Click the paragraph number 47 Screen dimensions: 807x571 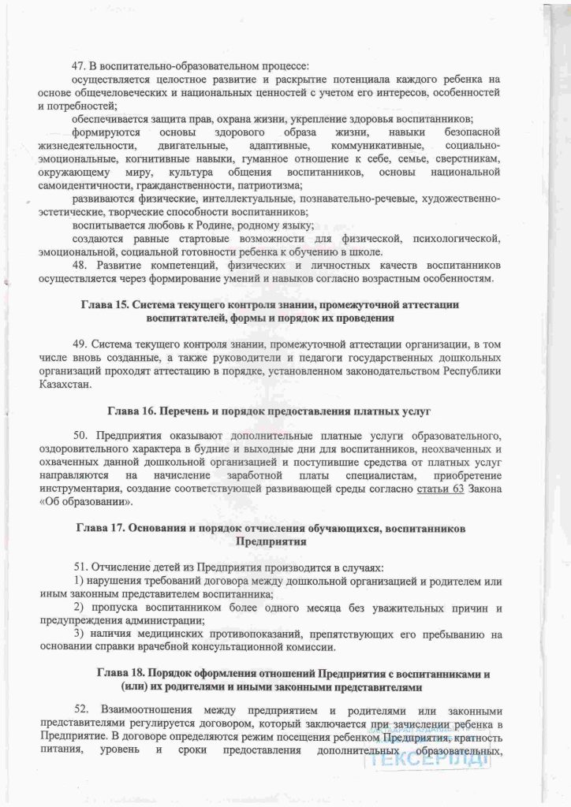tap(77, 66)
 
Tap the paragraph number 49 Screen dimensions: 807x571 tap(77, 344)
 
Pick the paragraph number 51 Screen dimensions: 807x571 tap(77, 567)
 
